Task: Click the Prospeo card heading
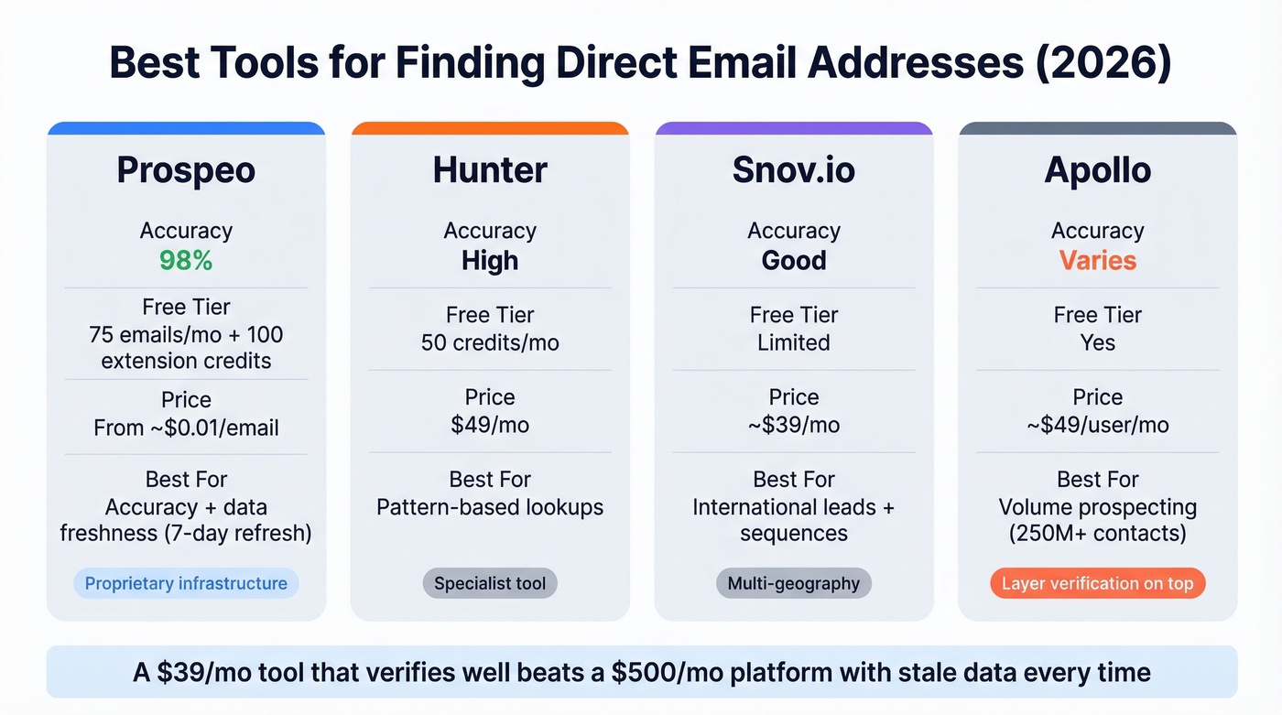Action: coord(186,170)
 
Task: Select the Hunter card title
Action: coord(490,170)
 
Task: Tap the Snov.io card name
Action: coord(793,170)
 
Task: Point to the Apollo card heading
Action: coord(1097,170)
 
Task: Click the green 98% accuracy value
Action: coord(186,260)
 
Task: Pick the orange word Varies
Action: coord(1097,260)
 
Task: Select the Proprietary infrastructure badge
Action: coord(186,583)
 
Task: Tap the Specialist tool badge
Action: coord(490,583)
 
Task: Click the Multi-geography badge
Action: coord(793,583)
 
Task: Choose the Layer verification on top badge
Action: coord(1097,583)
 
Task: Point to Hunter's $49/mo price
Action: coord(490,425)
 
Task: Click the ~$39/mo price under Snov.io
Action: coord(793,425)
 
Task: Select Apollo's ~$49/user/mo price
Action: coord(1097,425)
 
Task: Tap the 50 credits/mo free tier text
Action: coord(490,342)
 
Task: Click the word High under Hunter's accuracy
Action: coord(490,260)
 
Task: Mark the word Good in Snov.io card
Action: coord(793,260)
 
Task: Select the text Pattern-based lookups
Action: coord(490,506)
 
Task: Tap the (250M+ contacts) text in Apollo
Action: coord(1097,533)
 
